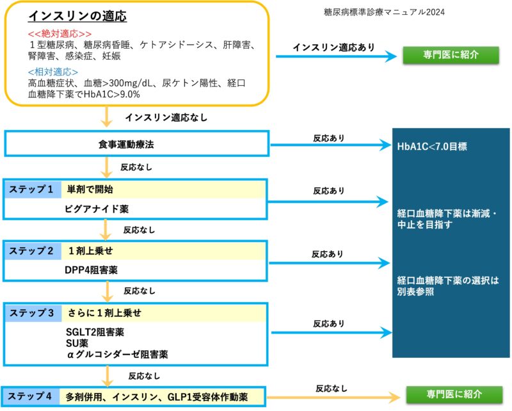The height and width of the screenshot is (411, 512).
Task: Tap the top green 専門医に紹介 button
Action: click(451, 55)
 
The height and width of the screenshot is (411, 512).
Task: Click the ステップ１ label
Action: click(31, 189)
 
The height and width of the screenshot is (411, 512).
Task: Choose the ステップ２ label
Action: click(31, 250)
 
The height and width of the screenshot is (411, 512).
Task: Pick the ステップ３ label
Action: click(31, 312)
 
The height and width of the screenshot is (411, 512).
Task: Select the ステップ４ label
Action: click(31, 396)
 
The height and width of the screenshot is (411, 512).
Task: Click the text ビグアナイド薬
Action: click(96, 209)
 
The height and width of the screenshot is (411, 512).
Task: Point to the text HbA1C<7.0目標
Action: click(432, 147)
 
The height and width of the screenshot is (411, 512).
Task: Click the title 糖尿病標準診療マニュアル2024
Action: click(385, 12)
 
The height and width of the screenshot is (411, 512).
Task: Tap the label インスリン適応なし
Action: click(166, 118)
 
